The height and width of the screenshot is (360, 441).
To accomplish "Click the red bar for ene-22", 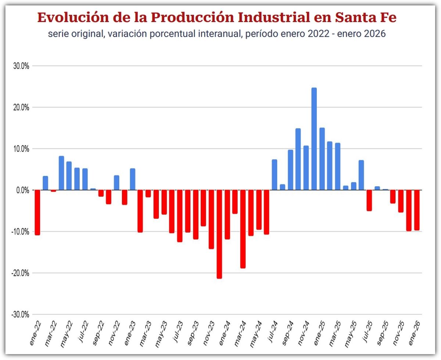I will coord(37,212).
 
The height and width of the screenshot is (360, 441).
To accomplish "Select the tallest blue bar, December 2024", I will coord(314,139).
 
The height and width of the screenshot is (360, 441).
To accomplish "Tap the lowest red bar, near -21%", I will coord(219,234).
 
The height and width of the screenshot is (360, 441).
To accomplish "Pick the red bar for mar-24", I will coord(243,229).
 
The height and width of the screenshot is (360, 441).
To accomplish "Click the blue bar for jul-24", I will coord(275,175).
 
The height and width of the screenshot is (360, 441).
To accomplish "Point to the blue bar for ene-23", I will coord(133,179).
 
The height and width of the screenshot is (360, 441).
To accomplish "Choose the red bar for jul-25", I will coord(369,200).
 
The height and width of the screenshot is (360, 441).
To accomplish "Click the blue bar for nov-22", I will coord(116,183).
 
